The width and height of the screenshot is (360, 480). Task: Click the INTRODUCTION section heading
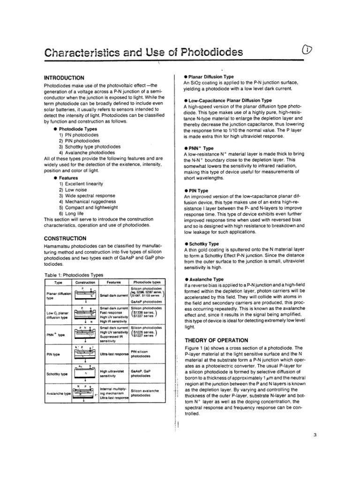click(64, 78)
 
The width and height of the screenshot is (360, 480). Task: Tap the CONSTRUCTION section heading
click(65, 239)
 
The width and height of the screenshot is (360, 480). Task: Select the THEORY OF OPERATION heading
click(216, 340)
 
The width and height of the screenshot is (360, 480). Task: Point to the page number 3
click(315, 435)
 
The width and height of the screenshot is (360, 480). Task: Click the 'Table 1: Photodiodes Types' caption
click(74, 275)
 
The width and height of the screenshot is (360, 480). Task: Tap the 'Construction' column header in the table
click(85, 283)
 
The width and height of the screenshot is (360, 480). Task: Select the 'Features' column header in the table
click(113, 283)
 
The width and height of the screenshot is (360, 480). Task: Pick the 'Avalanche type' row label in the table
click(58, 393)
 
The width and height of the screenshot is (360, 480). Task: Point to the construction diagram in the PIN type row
click(85, 354)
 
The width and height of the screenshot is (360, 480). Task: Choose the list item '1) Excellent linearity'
click(82, 184)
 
